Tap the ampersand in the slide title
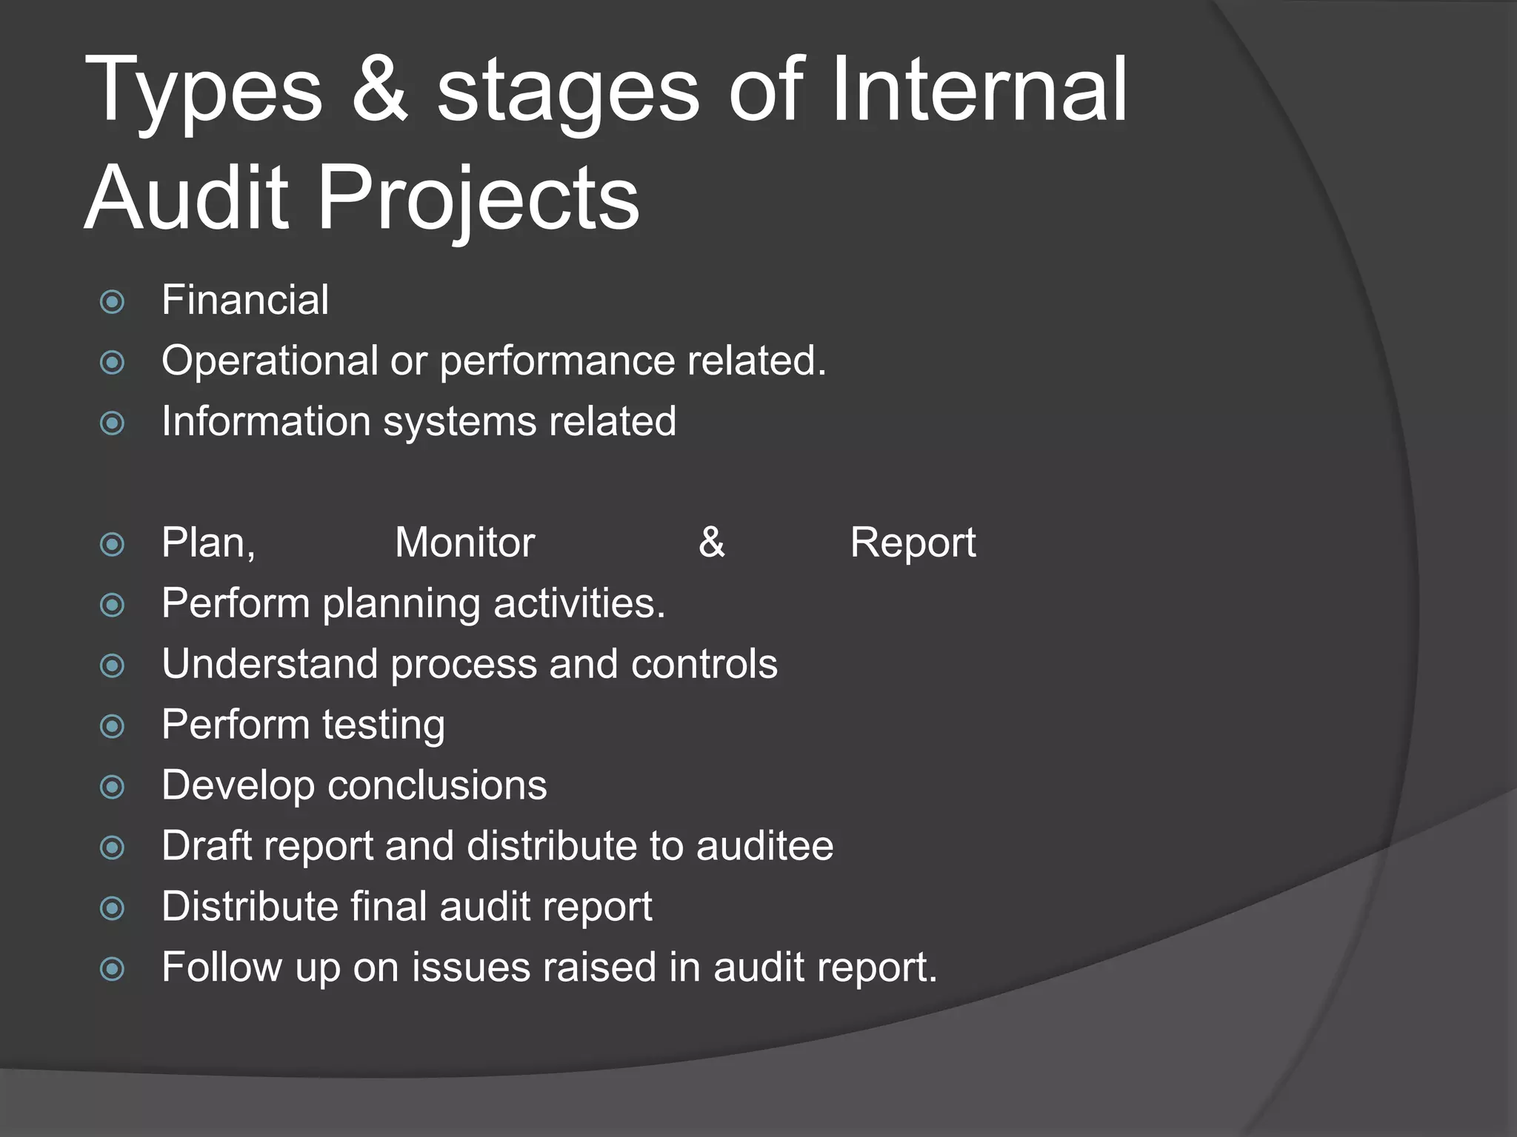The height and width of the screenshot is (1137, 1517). click(379, 90)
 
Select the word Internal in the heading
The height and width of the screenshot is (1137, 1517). click(978, 90)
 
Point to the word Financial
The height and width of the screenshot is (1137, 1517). click(245, 300)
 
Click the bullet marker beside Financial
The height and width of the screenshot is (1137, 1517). click(112, 302)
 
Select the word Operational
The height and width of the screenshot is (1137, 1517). click(270, 361)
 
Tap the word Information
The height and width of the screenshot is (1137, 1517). click(266, 421)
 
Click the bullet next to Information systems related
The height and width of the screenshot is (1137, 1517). click(112, 423)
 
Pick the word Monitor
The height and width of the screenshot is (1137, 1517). click(464, 543)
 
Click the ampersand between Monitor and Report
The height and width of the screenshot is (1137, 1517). click(711, 543)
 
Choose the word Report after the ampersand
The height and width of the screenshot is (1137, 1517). click(913, 544)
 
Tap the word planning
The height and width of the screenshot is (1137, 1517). click(401, 605)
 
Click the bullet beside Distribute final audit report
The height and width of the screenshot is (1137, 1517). click(112, 908)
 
